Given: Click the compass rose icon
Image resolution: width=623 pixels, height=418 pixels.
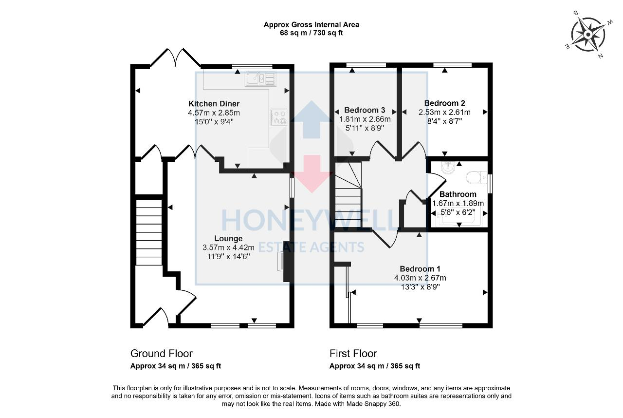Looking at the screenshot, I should [588, 35].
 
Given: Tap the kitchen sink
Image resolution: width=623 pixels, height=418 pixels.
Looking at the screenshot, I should [260, 78].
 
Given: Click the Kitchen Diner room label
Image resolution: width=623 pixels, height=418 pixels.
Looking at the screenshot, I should [214, 104].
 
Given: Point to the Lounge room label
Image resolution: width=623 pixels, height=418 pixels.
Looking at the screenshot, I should [228, 239].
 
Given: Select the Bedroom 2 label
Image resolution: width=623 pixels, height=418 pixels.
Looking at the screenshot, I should [444, 103].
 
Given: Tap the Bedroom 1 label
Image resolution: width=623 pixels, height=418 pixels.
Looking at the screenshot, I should [420, 269].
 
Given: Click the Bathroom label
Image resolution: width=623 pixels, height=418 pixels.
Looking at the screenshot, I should [458, 194].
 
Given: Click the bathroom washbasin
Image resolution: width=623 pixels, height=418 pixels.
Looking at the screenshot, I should [448, 168].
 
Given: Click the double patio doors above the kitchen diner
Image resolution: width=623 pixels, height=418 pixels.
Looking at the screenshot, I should [175, 57].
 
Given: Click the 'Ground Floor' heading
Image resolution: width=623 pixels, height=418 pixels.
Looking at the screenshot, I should [161, 354].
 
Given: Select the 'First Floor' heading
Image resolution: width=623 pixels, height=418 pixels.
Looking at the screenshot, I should [353, 354].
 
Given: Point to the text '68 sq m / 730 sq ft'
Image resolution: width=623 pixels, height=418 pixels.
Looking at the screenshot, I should [311, 33].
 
